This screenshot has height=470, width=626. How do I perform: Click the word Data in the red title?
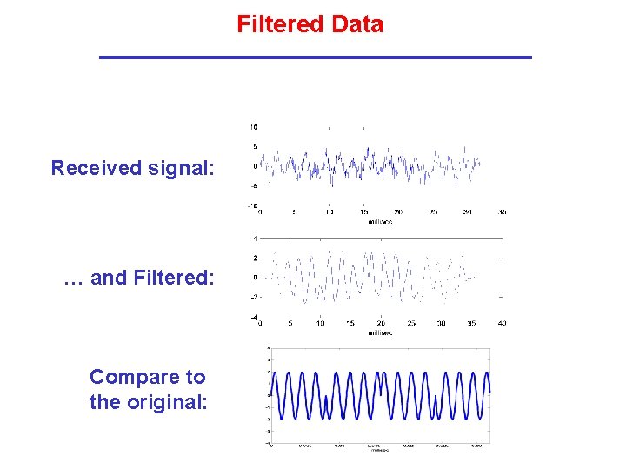pyautogui.click(x=356, y=24)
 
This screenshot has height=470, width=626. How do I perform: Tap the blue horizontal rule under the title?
pyautogui.click(x=315, y=57)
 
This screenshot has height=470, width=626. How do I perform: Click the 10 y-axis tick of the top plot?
pyautogui.click(x=253, y=127)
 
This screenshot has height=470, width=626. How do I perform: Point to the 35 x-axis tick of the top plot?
pyautogui.click(x=503, y=212)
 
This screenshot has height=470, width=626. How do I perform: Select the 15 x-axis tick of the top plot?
pyautogui.click(x=363, y=212)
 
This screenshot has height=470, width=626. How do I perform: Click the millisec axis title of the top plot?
pyautogui.click(x=381, y=222)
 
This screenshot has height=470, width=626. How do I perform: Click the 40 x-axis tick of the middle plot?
pyautogui.click(x=501, y=324)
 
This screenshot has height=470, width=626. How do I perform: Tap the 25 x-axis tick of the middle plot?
pyautogui.click(x=410, y=324)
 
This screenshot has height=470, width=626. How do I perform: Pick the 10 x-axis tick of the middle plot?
pyautogui.click(x=320, y=324)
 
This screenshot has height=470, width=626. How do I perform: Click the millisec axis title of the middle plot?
pyautogui.click(x=381, y=332)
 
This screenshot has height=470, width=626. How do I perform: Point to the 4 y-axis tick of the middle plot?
pyautogui.click(x=255, y=238)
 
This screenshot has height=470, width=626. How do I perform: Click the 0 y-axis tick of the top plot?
pyautogui.click(x=255, y=166)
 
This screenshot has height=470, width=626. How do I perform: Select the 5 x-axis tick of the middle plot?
pyautogui.click(x=290, y=324)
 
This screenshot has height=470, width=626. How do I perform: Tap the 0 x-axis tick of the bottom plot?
pyautogui.click(x=272, y=446)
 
